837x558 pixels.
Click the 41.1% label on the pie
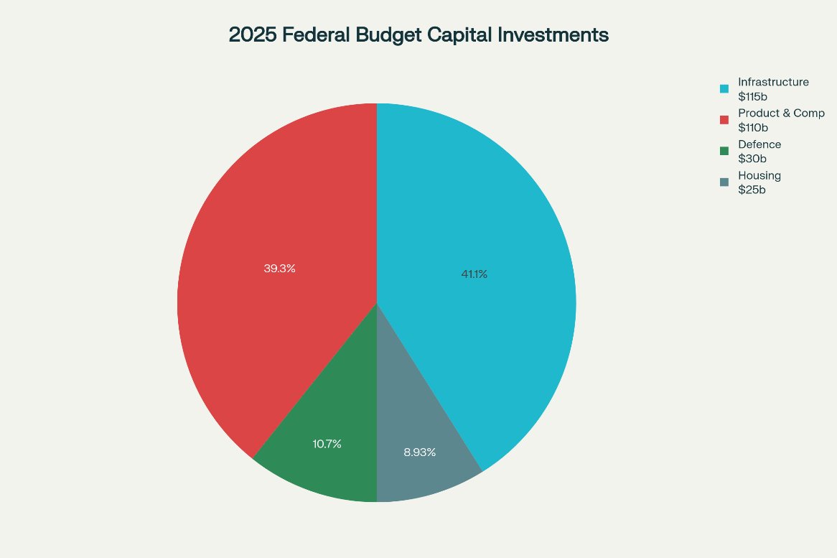[x=474, y=274]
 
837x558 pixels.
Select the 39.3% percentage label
[x=279, y=269]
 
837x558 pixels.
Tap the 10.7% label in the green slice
[x=327, y=444]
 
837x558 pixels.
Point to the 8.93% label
[x=419, y=452]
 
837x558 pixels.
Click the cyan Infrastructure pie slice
[x=488, y=215]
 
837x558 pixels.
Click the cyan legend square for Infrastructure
[x=724, y=89]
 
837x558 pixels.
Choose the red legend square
[x=724, y=120]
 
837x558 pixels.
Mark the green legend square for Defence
[x=724, y=152]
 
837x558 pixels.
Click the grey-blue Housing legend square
[x=724, y=182]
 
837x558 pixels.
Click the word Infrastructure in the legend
[x=773, y=82]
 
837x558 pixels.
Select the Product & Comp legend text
[x=781, y=113]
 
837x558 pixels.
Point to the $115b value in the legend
[x=753, y=96]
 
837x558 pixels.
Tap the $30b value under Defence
[x=752, y=159]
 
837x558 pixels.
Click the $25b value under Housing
[x=752, y=190]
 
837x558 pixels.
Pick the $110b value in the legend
[x=753, y=128]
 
